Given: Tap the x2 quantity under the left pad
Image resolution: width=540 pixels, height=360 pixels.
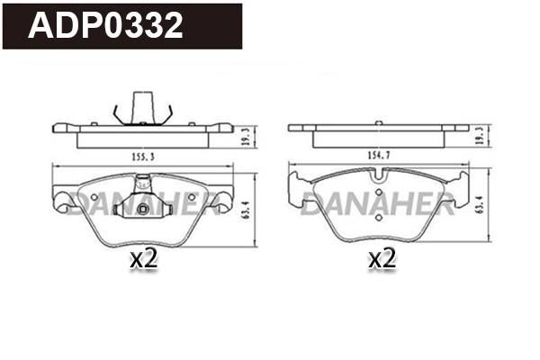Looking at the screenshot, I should click(144, 261).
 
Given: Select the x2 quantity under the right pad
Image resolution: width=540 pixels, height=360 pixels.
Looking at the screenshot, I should click(382, 261).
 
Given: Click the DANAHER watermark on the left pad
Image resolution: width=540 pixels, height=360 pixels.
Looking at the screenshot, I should click(144, 202).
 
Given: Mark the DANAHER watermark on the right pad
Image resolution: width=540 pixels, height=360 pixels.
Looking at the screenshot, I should click(378, 202).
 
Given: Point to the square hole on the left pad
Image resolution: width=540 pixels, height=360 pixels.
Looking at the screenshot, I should click(144, 211).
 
